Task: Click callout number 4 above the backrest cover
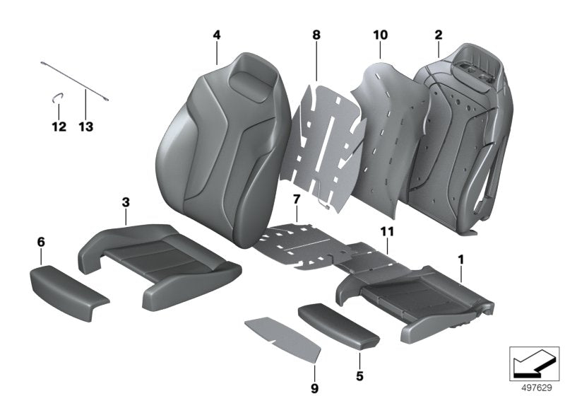[217, 35]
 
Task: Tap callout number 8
[316, 35]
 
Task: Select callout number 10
[380, 35]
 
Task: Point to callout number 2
[439, 35]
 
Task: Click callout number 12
[59, 127]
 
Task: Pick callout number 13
[85, 127]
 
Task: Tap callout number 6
[41, 243]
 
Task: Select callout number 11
[388, 231]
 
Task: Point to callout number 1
[461, 260]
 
